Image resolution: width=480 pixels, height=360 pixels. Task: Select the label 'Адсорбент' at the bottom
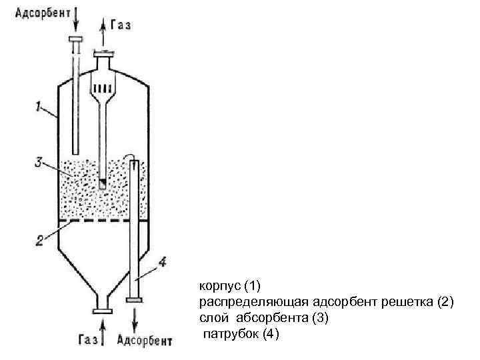click(x=145, y=341)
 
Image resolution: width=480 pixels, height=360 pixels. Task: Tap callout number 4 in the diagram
click(x=163, y=262)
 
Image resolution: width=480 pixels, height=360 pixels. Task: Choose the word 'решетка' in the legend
click(x=407, y=303)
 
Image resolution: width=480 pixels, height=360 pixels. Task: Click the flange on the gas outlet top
click(x=103, y=53)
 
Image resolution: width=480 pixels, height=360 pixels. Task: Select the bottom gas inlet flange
click(x=103, y=310)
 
